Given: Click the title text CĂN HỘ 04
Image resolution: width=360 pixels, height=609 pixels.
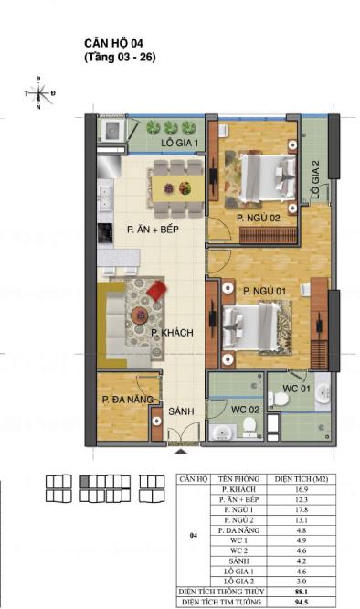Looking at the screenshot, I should pyautogui.click(x=111, y=42).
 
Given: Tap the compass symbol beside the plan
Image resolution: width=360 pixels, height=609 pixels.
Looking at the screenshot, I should pyautogui.click(x=38, y=93).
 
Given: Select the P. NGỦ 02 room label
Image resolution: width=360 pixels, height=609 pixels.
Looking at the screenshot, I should pyautogui.click(x=259, y=218).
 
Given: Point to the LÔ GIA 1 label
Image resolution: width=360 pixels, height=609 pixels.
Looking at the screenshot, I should pyautogui.click(x=180, y=144).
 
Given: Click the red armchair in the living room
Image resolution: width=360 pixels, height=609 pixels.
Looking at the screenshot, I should pyautogui.click(x=156, y=291).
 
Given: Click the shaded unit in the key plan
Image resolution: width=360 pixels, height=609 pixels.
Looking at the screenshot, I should pyautogui.click(x=85, y=480).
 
